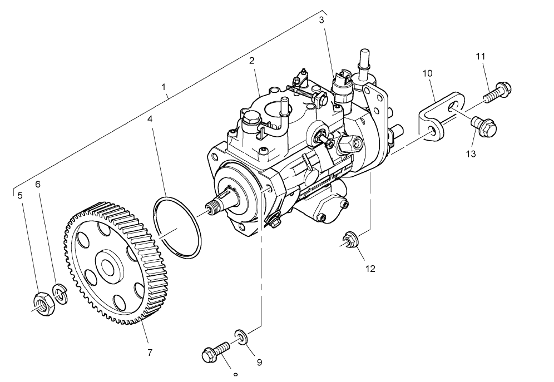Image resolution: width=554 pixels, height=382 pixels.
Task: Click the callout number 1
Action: pos(164,87)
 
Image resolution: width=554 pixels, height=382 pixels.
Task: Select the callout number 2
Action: pos(252,61)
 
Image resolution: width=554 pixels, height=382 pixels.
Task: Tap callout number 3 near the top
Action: pos(321,21)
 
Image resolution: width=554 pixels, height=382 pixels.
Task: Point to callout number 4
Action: pos(150,119)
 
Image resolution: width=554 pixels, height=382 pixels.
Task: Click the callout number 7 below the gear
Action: pos(150,352)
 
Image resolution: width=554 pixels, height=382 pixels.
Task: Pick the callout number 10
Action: pos(427,73)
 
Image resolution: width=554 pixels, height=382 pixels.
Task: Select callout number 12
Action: pos(370,269)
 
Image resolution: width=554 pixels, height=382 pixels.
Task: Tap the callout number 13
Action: pos(471,153)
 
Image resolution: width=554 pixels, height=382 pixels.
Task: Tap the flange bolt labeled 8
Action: pos(215,352)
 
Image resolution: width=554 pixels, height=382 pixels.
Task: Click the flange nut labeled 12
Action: pos(352,239)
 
